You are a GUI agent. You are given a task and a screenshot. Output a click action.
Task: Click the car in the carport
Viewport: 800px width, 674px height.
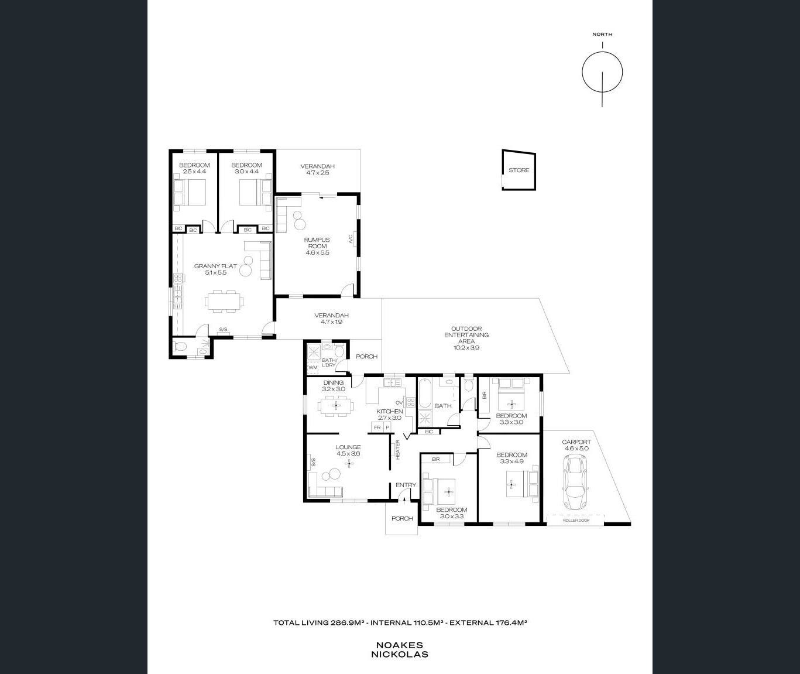pos(574,482)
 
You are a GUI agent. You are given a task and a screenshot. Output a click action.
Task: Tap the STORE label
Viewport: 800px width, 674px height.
pos(519,170)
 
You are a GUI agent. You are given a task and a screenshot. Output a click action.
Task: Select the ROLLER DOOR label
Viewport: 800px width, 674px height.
pos(576,520)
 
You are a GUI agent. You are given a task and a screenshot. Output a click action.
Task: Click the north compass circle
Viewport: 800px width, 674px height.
pos(602,72)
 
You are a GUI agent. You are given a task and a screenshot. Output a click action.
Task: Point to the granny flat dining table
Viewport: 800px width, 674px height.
pos(224,300)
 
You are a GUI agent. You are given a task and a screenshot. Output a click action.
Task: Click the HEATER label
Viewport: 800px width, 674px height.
pos(398,449)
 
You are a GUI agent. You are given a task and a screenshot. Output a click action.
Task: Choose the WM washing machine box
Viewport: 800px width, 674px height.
pos(313,367)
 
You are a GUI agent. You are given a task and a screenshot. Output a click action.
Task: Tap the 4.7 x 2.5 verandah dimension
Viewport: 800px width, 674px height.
pos(318,173)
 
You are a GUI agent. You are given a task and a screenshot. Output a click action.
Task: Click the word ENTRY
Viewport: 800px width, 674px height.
pos(406,485)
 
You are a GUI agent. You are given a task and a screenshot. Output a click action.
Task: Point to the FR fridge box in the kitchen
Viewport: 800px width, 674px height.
pos(377,427)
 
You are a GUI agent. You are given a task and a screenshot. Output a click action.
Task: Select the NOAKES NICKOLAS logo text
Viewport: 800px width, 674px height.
pos(400,650)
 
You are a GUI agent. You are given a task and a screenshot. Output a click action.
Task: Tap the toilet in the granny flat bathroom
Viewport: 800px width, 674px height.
pos(179,347)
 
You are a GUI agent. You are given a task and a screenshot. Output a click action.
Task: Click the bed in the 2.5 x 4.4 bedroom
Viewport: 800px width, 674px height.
pos(190,193)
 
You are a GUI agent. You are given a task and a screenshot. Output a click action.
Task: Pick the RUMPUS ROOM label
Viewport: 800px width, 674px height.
pos(317,242)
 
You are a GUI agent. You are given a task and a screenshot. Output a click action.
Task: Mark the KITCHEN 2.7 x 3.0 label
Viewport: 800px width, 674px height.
pos(389,415)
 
